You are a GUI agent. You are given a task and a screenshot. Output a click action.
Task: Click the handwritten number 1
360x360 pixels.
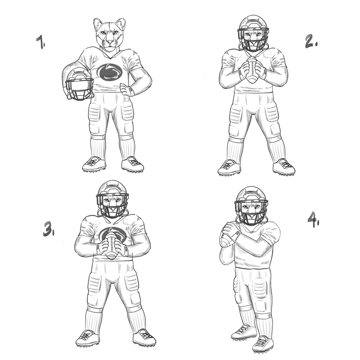40,42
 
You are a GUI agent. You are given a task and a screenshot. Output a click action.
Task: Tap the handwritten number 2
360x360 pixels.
311,42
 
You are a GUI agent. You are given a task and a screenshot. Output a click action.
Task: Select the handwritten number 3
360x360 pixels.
48,229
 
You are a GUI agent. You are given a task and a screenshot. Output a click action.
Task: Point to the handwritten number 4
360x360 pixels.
314,220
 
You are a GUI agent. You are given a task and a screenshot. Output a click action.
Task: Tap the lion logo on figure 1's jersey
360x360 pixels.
110,72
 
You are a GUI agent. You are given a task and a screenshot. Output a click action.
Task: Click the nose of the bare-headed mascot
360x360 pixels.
110,42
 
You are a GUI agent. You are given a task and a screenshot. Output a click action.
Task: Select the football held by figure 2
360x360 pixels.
252,70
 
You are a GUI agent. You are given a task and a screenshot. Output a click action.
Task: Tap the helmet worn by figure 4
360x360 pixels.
251,206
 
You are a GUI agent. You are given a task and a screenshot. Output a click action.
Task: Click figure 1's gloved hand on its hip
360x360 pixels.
127,90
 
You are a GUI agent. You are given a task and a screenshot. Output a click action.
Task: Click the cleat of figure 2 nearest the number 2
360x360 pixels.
284,167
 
